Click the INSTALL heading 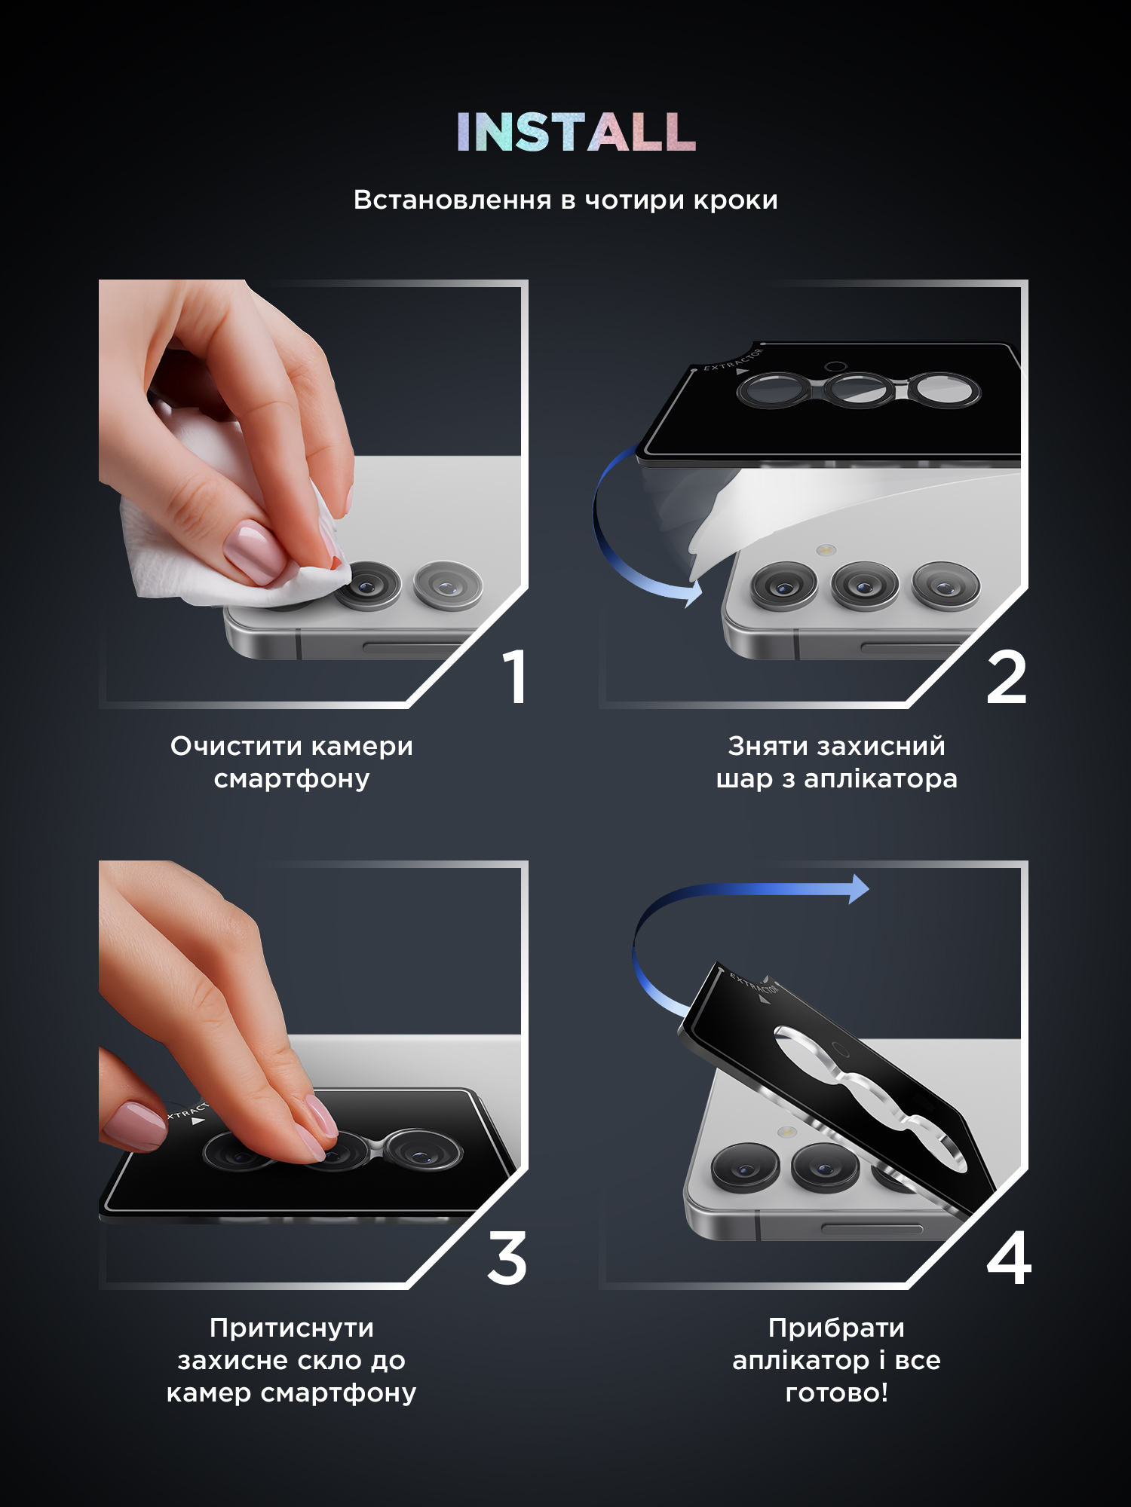(575, 133)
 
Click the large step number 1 (515, 677)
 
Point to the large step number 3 (507, 1259)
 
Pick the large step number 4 (1009, 1259)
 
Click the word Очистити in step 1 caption (236, 746)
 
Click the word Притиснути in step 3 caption (291, 1328)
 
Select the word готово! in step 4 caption (837, 1392)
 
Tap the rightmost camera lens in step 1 (448, 585)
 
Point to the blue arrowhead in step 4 (859, 889)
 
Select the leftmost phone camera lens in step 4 (745, 1167)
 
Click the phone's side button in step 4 (871, 1229)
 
